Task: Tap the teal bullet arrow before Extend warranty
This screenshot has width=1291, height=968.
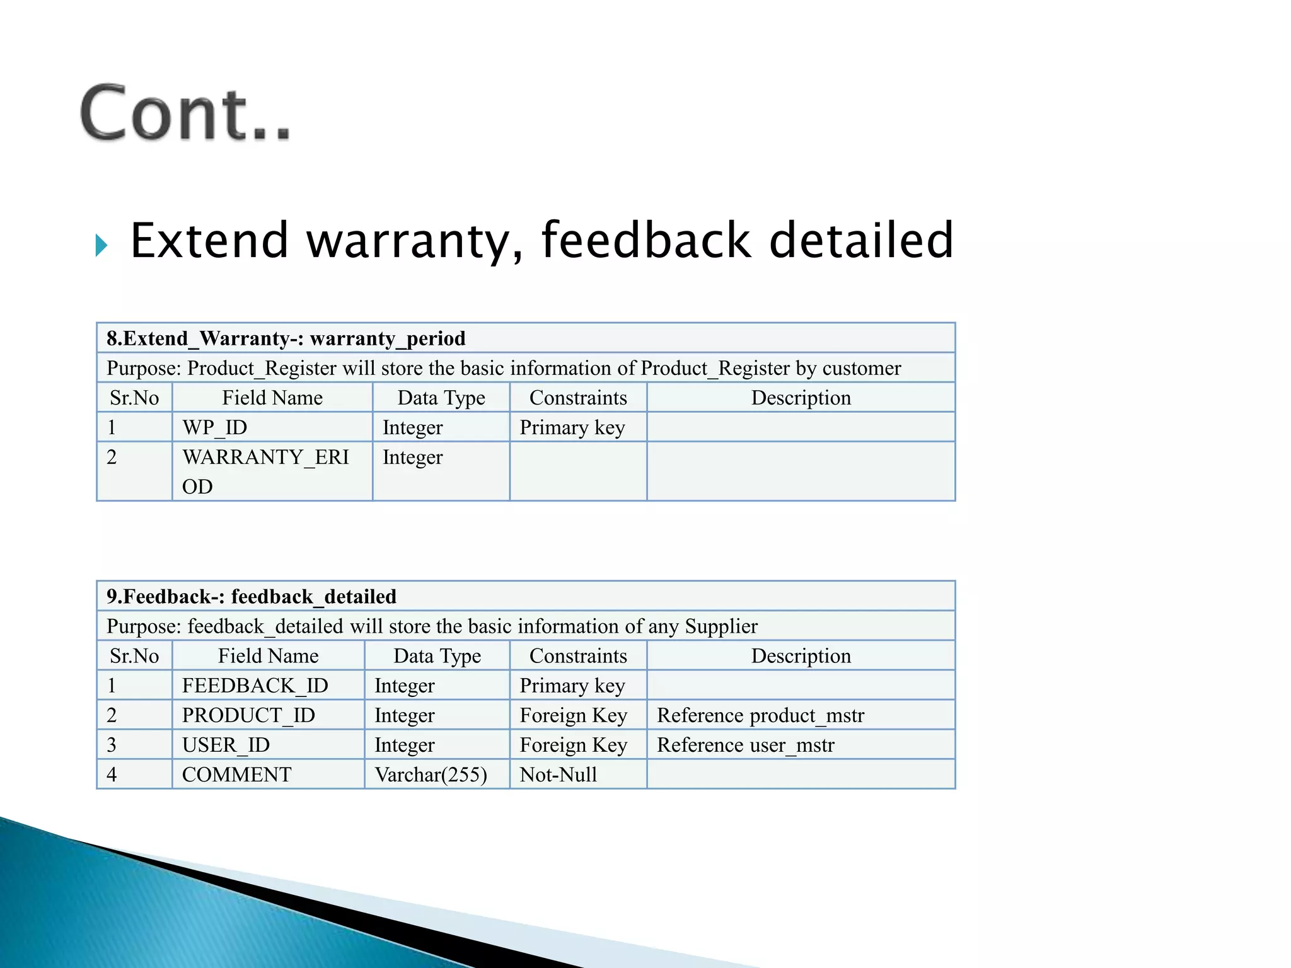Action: pyautogui.click(x=101, y=245)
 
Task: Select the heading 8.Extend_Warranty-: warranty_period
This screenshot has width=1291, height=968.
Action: pyautogui.click(x=286, y=338)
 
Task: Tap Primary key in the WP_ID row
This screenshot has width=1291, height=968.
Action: pyautogui.click(x=572, y=427)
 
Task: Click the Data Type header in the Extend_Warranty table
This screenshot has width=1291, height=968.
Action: pyautogui.click(x=441, y=398)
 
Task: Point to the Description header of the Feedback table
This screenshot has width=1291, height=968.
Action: pyautogui.click(x=801, y=655)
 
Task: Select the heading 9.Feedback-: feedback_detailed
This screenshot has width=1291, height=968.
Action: pyautogui.click(x=251, y=596)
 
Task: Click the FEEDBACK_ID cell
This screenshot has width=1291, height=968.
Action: pyautogui.click(x=255, y=685)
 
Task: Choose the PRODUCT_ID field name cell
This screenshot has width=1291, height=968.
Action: pyautogui.click(x=248, y=715)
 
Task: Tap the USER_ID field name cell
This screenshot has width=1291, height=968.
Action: pyautogui.click(x=226, y=744)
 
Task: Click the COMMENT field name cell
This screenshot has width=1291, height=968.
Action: pyautogui.click(x=236, y=774)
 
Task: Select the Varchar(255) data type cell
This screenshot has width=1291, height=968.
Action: pyautogui.click(x=431, y=774)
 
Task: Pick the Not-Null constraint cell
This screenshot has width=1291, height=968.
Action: pyautogui.click(x=558, y=774)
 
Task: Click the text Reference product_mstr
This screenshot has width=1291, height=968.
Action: pyautogui.click(x=760, y=715)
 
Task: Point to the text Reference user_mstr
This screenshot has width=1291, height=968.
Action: pyautogui.click(x=745, y=744)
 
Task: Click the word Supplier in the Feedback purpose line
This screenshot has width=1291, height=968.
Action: pyautogui.click(x=721, y=626)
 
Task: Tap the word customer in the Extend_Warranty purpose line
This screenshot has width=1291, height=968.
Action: pyautogui.click(x=862, y=368)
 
